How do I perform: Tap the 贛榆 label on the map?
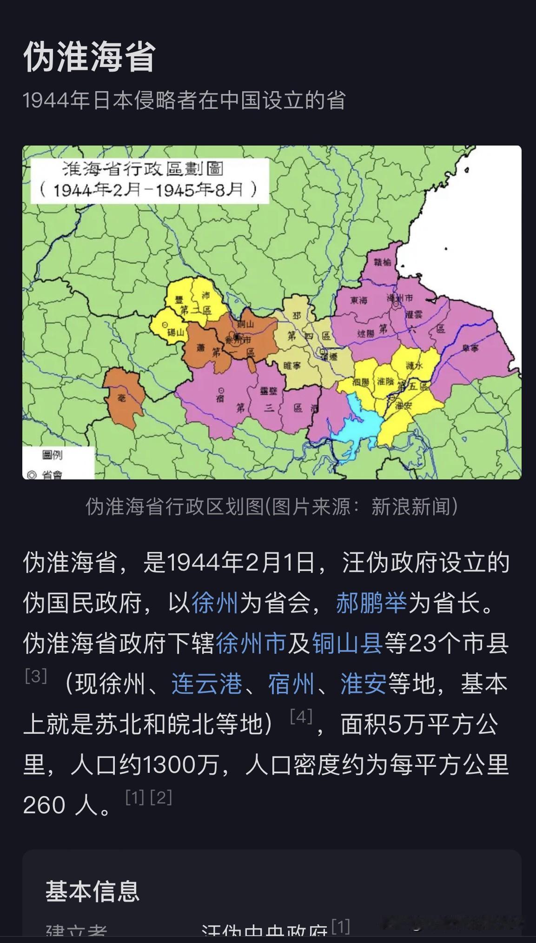point(383,262)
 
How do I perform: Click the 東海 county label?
point(358,300)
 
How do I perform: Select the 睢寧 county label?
point(292,366)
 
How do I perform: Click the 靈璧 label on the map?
point(268,391)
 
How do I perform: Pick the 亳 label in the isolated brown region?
point(122,397)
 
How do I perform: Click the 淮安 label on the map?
point(404,405)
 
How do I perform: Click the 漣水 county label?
point(414,365)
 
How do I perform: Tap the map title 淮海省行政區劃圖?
point(143,169)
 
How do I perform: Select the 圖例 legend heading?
point(53,455)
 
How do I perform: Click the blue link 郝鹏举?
point(371,603)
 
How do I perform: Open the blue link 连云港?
point(207,684)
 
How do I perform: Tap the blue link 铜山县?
point(348,644)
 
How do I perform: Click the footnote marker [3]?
point(36,676)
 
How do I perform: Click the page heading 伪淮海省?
point(89,57)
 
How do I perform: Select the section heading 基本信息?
point(93,891)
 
